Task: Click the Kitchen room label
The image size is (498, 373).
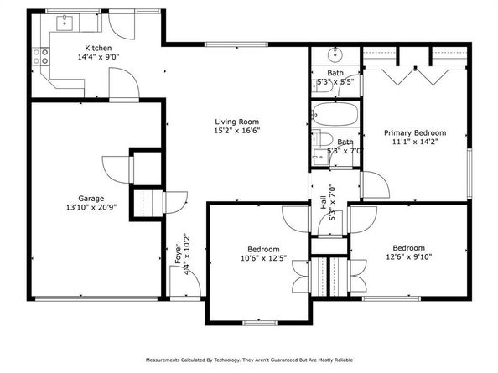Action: click(x=98, y=49)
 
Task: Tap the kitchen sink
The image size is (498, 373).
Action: click(x=65, y=23)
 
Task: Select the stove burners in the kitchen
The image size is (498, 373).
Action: click(x=41, y=56)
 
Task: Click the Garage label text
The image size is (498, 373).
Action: click(x=91, y=199)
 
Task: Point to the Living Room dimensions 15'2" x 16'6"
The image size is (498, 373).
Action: click(x=237, y=131)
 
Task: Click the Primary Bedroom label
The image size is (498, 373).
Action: click(x=415, y=133)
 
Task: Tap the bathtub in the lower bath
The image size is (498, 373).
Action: click(x=335, y=114)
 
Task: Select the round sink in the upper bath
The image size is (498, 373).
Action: click(x=335, y=55)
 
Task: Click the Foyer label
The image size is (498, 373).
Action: click(x=179, y=254)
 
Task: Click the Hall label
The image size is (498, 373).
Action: click(x=324, y=202)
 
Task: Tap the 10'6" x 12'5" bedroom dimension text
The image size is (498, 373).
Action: click(x=263, y=258)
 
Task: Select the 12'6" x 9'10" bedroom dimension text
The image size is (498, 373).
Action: click(x=409, y=256)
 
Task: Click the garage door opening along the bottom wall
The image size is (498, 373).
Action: click(x=96, y=298)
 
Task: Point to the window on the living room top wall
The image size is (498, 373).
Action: click(x=236, y=44)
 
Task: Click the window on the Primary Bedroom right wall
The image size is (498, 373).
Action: click(x=469, y=174)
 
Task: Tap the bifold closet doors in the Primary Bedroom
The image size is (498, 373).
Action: click(x=416, y=76)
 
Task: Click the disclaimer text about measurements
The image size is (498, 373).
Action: click(x=249, y=360)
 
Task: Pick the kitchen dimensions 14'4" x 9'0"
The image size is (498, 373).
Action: click(x=98, y=57)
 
